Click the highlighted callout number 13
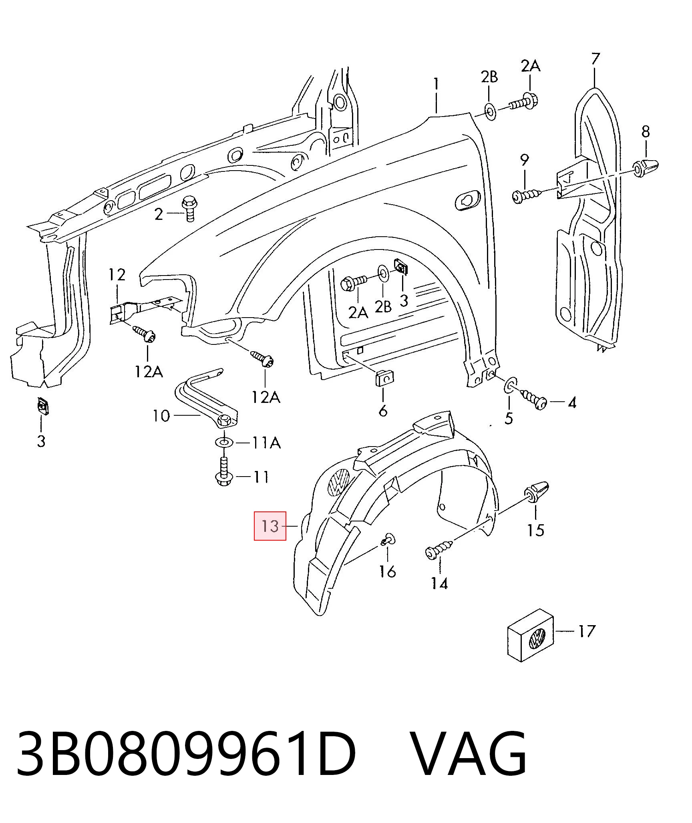click(x=270, y=526)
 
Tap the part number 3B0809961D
click(x=186, y=753)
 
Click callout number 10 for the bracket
click(x=161, y=416)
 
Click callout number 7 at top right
click(x=595, y=59)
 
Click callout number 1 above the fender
click(x=436, y=85)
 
